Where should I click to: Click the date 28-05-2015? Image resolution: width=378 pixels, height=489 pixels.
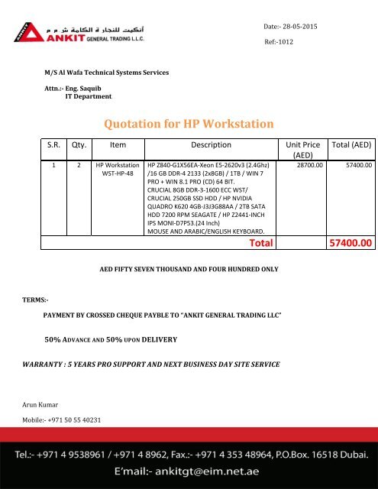coord(300,26)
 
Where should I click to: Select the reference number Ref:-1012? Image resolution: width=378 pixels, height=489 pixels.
coord(280,42)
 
